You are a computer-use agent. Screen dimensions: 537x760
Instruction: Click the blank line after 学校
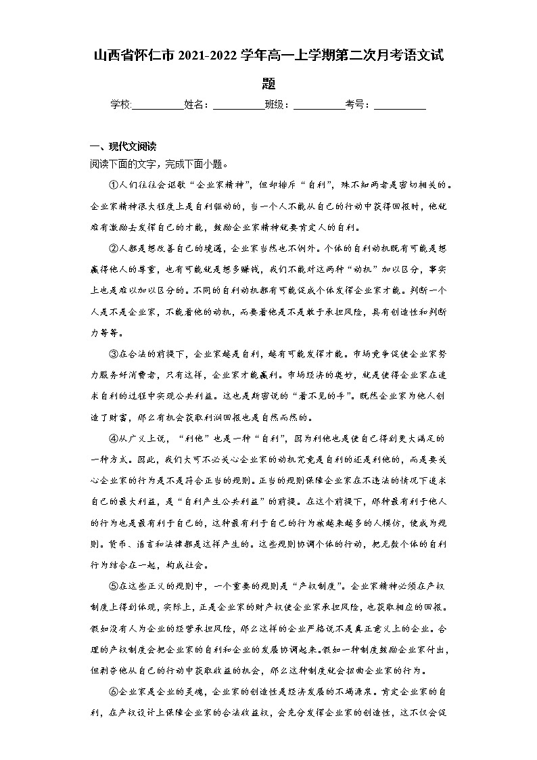[x=158, y=105]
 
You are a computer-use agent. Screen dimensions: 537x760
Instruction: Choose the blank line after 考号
[x=400, y=105]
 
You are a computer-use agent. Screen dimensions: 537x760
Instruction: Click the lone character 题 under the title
[x=268, y=84]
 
